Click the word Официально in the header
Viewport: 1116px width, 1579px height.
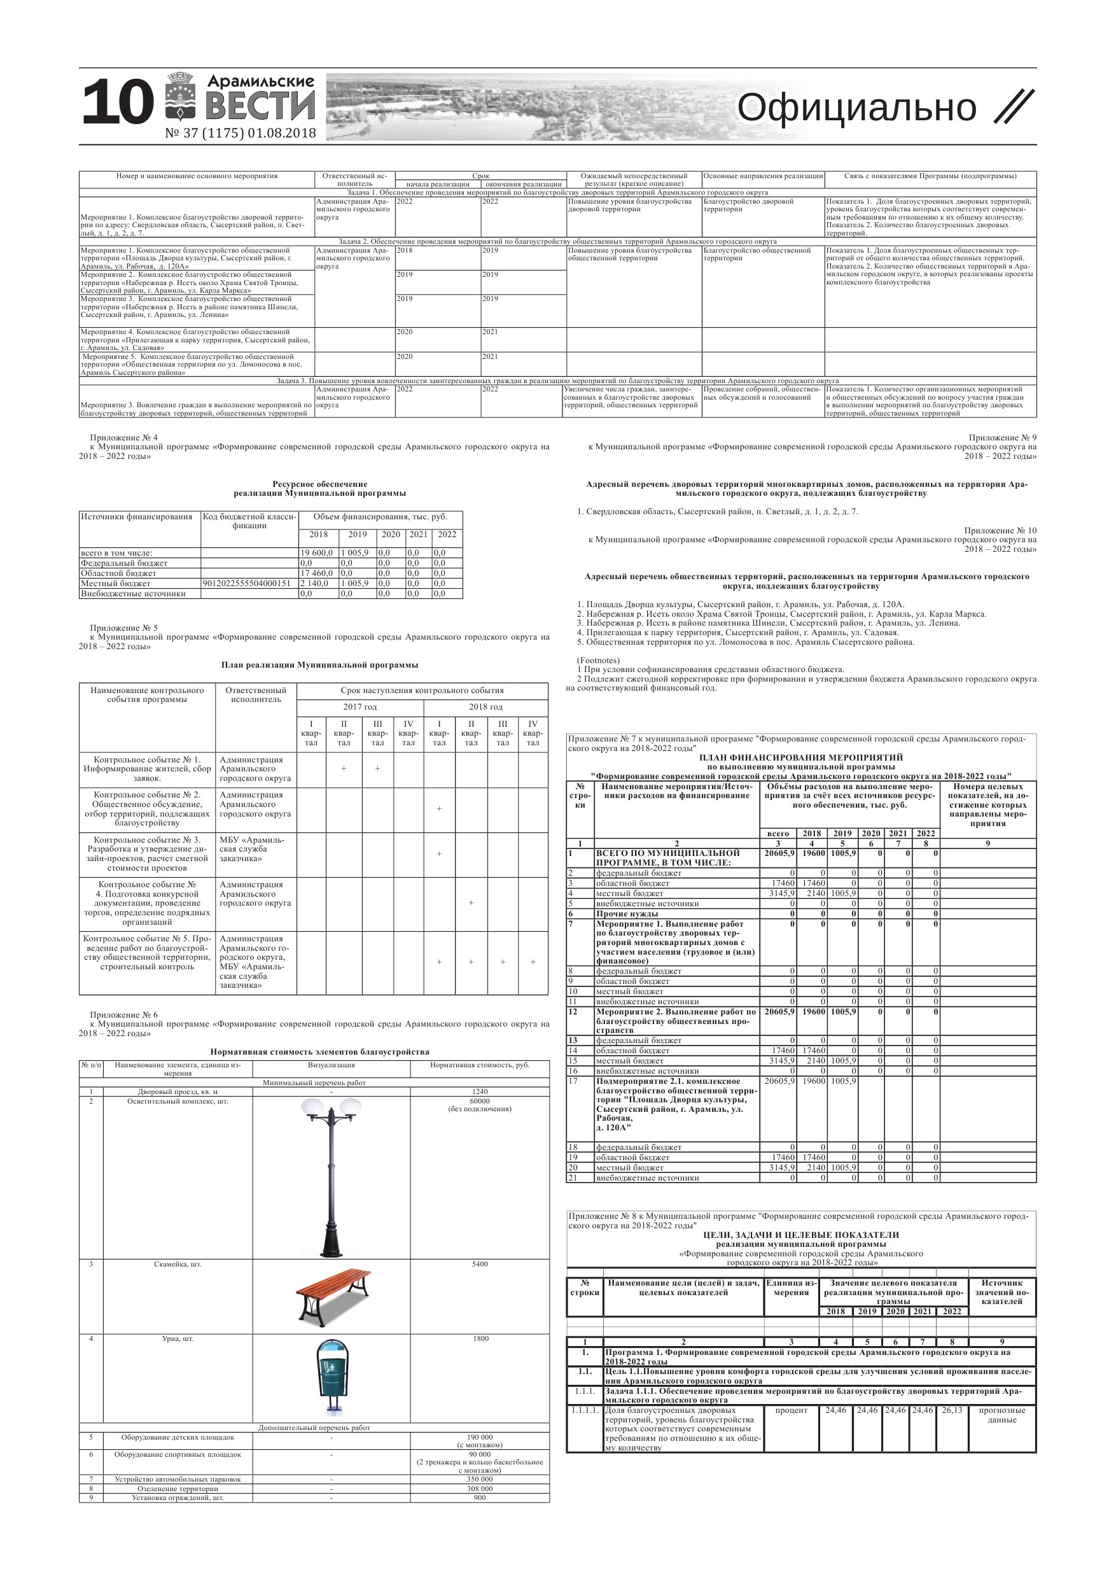click(x=856, y=108)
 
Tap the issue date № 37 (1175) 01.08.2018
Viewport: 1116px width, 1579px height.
click(x=241, y=133)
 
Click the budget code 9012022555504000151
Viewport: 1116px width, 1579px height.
click(x=246, y=583)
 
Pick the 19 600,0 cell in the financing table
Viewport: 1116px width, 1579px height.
click(x=317, y=553)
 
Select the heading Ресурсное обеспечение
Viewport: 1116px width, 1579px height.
click(x=320, y=484)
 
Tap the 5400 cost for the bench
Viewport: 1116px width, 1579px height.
click(x=480, y=1264)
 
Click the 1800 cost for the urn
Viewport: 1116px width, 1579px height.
click(x=480, y=1339)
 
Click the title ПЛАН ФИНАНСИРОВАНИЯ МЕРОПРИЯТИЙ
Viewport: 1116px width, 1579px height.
click(x=801, y=758)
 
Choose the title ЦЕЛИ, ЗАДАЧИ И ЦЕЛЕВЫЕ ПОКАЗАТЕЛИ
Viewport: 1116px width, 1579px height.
click(x=801, y=1235)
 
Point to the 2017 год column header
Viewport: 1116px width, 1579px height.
click(x=359, y=707)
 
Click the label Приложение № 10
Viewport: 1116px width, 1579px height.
click(x=1000, y=530)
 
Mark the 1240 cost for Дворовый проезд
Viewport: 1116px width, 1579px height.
click(x=480, y=1091)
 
